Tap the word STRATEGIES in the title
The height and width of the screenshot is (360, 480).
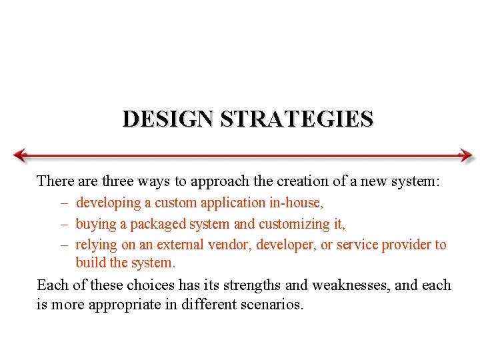pos(297,119)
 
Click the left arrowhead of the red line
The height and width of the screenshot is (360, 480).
pos(20,155)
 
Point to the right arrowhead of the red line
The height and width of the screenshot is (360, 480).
pos(466,155)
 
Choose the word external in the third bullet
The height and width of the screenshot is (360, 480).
pos(181,245)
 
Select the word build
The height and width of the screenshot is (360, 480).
pos(91,263)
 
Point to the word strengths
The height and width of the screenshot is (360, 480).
pos(250,285)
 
